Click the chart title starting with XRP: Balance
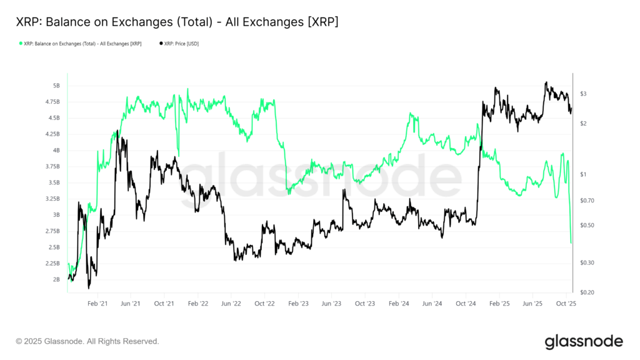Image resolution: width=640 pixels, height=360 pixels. click(177, 22)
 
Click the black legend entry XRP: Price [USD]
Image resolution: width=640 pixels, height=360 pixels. click(182, 44)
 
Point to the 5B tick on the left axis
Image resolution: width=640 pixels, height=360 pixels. click(56, 86)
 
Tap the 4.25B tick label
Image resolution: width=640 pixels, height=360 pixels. click(52, 134)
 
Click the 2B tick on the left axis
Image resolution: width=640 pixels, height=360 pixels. click(56, 279)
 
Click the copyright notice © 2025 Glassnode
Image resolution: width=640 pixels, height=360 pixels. click(87, 341)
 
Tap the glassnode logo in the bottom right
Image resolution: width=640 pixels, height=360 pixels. click(584, 341)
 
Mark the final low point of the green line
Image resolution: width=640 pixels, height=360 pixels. click(571, 242)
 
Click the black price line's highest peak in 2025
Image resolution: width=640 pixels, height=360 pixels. click(546, 82)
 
